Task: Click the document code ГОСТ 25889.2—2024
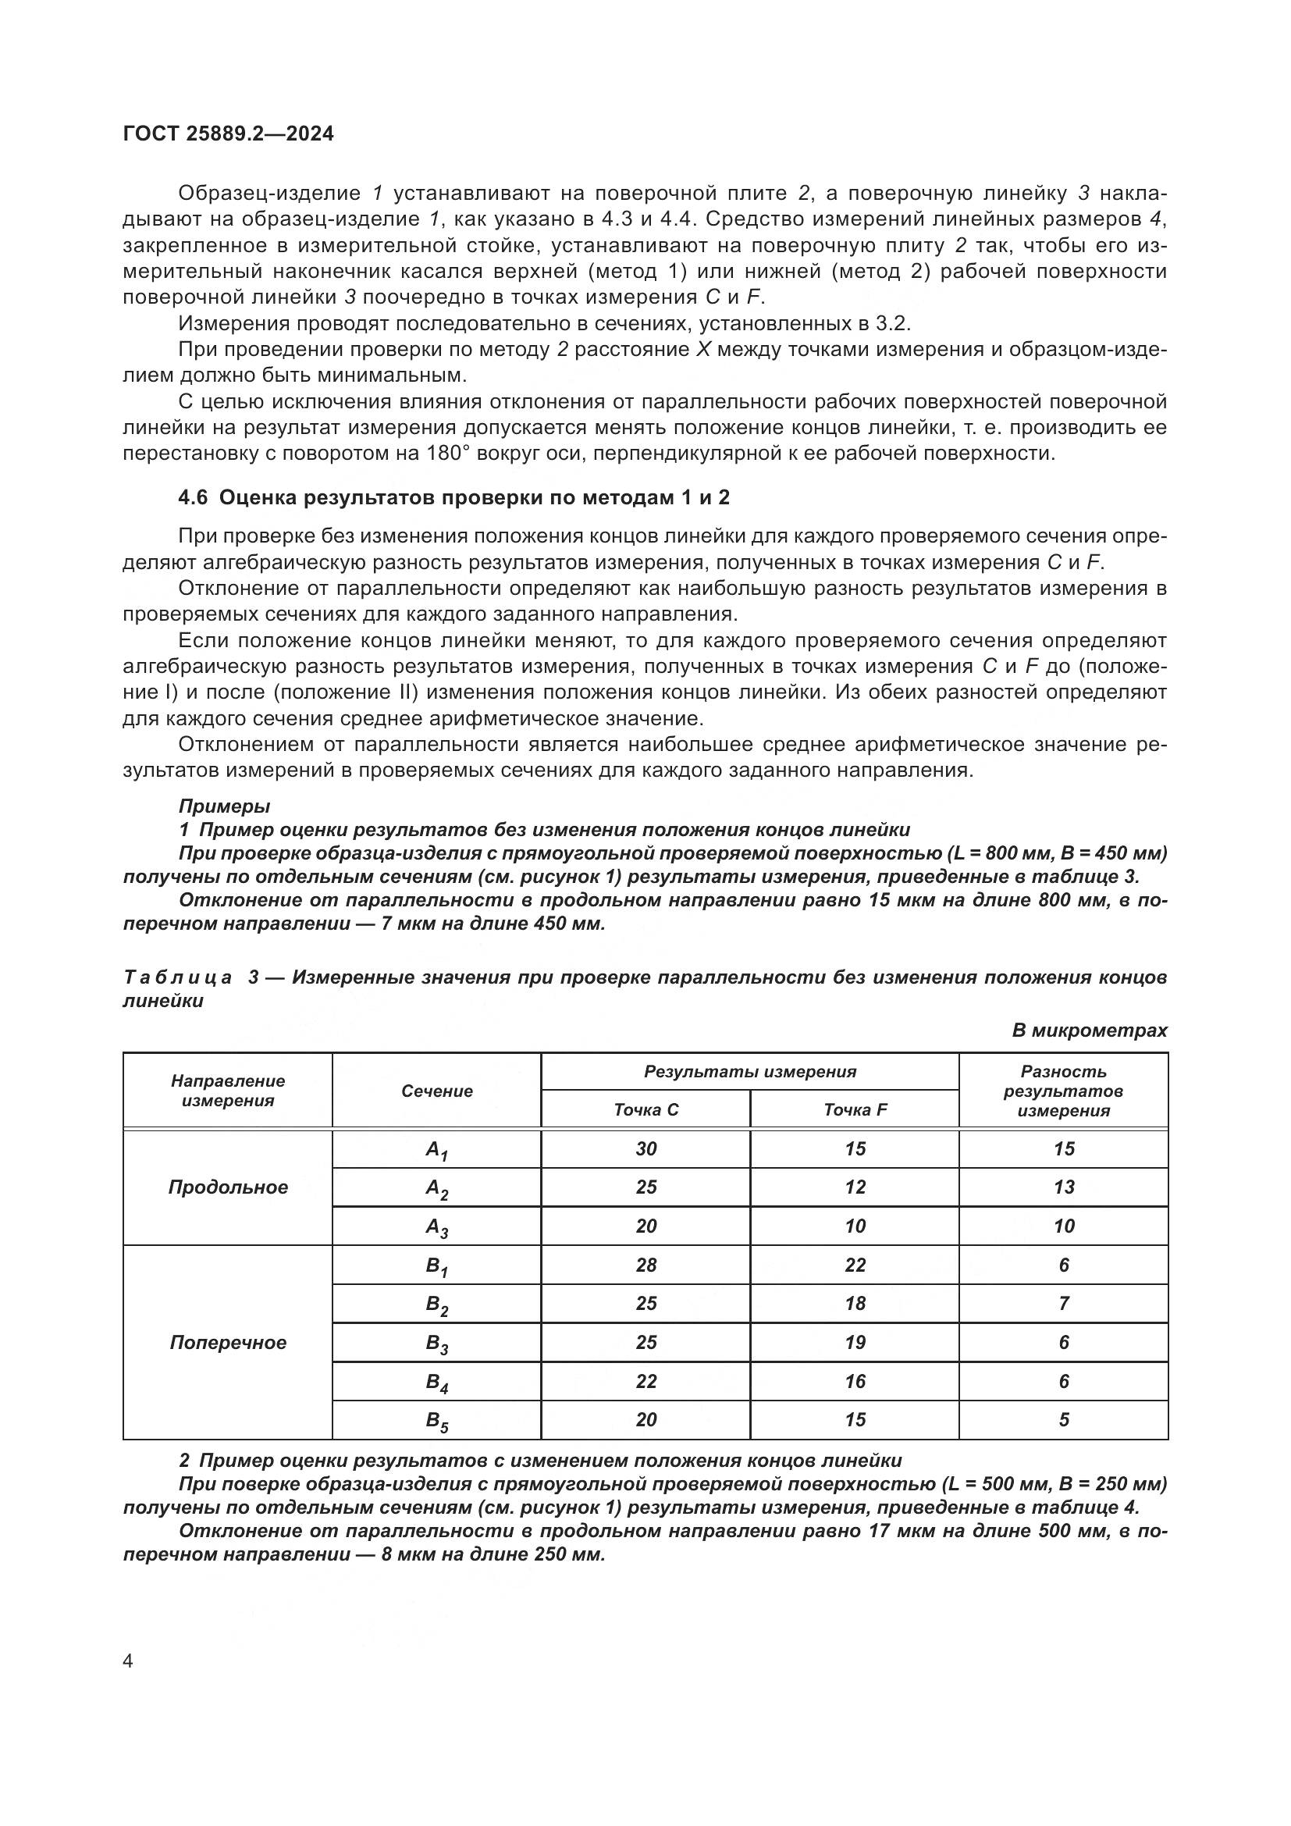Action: click(x=228, y=133)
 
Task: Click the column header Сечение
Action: click(x=436, y=1091)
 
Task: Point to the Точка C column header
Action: click(x=645, y=1109)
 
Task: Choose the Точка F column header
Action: click(x=855, y=1109)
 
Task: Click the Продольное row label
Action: click(x=227, y=1187)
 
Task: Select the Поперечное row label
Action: click(x=227, y=1343)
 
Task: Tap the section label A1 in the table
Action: click(x=436, y=1150)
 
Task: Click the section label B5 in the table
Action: click(x=436, y=1421)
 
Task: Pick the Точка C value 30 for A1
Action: click(x=645, y=1148)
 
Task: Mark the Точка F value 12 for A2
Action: click(x=855, y=1187)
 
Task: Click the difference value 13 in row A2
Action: click(x=1064, y=1187)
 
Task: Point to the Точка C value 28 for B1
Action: click(x=645, y=1265)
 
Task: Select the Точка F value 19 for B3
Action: click(x=855, y=1343)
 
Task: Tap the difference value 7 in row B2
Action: click(x=1064, y=1304)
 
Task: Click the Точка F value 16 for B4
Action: click(x=855, y=1382)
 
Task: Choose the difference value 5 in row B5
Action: click(x=1064, y=1419)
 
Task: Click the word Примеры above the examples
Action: click(x=224, y=806)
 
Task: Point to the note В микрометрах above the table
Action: click(x=1089, y=1030)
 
